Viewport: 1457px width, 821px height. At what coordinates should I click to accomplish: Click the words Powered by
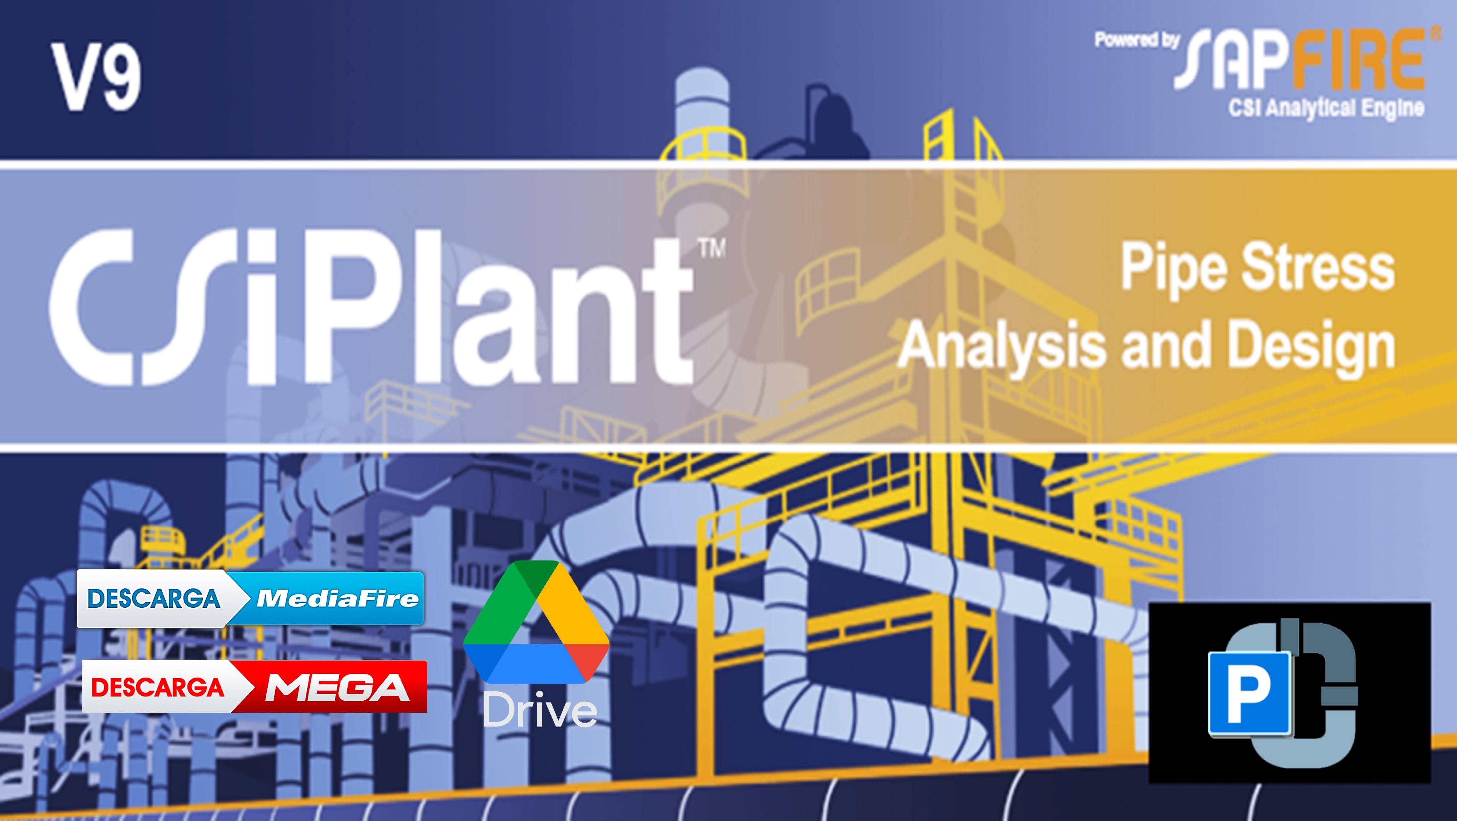[1136, 40]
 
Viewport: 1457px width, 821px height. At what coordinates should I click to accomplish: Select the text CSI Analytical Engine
[1325, 108]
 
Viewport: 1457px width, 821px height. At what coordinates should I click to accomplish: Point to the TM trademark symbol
[712, 249]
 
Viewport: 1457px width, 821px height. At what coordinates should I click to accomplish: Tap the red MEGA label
[338, 687]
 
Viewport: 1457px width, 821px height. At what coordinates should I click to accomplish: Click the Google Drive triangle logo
[536, 623]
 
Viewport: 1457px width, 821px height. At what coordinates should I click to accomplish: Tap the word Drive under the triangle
[539, 711]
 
